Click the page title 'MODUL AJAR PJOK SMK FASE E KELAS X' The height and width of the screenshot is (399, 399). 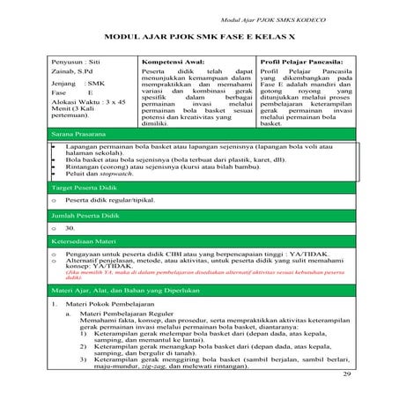click(x=199, y=40)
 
